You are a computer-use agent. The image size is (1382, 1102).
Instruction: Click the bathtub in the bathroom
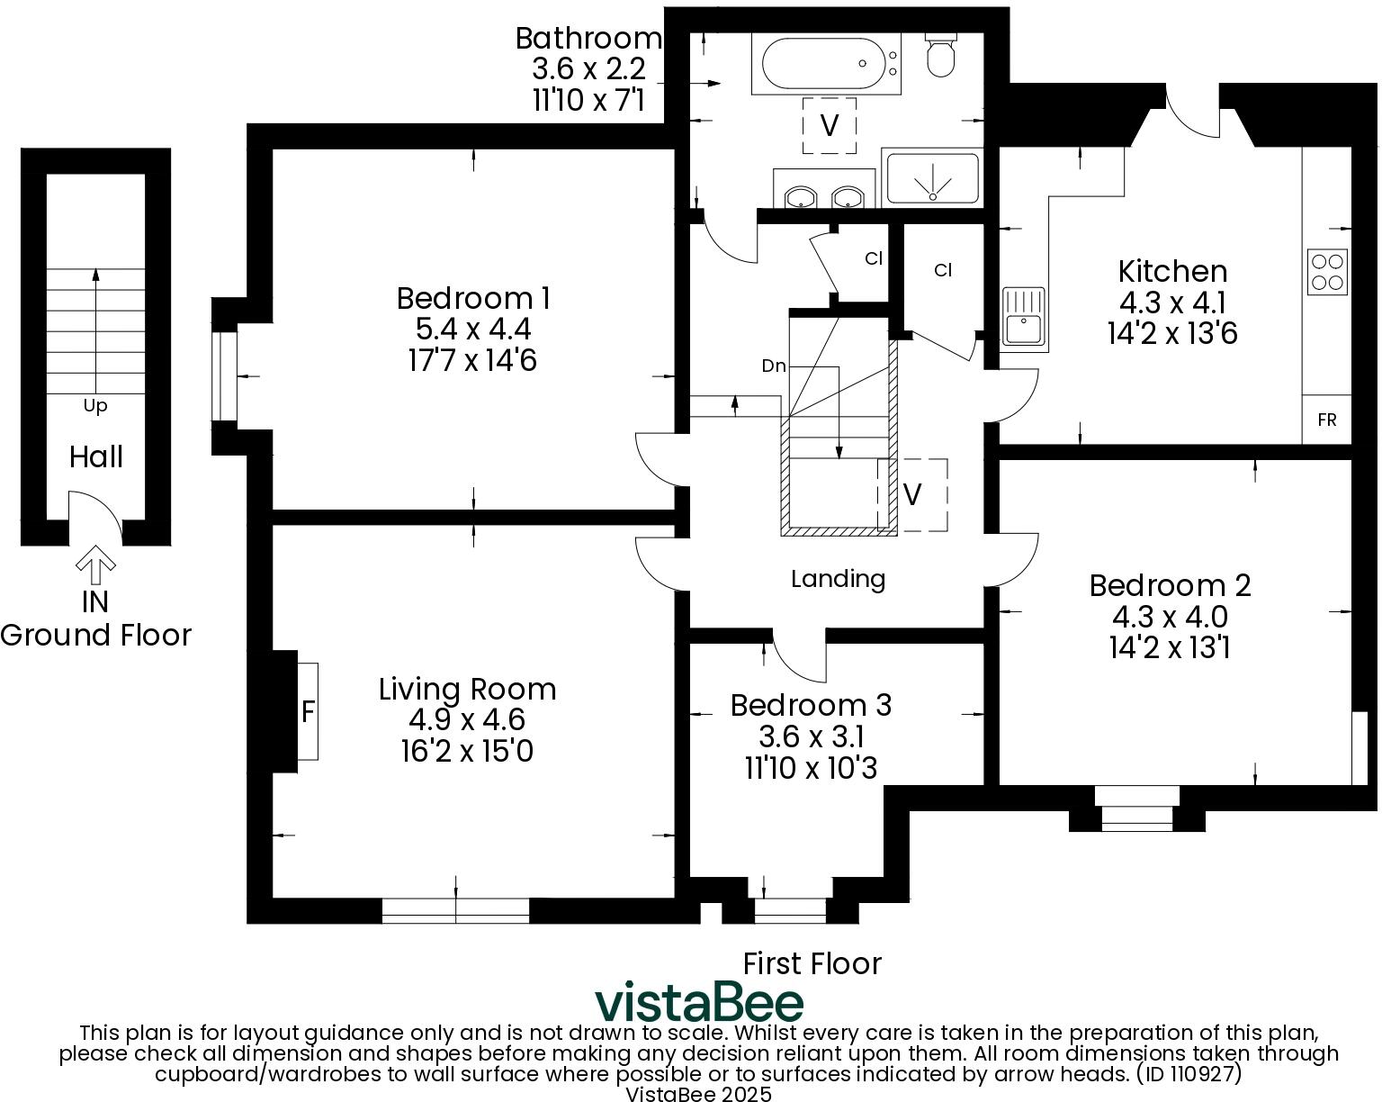click(825, 64)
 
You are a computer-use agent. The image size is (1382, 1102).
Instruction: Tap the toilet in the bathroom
click(941, 56)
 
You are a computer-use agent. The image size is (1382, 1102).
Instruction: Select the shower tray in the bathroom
click(931, 177)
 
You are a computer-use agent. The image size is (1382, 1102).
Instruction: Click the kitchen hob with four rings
click(1327, 271)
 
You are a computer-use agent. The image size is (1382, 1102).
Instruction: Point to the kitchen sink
click(1024, 317)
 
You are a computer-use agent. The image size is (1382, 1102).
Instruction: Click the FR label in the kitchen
click(1326, 420)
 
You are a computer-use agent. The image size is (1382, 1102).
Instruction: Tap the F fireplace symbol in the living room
click(308, 711)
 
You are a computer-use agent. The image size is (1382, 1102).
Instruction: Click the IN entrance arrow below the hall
click(95, 568)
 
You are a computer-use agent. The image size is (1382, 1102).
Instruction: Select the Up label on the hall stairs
click(95, 406)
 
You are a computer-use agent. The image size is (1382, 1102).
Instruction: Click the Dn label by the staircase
click(774, 366)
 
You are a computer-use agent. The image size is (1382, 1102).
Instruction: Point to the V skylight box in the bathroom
click(830, 125)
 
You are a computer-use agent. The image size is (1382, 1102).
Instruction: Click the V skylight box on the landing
click(912, 494)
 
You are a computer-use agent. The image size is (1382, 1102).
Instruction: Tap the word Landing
click(838, 579)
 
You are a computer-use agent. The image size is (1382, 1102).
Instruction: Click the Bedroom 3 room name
click(811, 705)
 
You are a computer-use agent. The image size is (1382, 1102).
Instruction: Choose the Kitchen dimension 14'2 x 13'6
click(1172, 334)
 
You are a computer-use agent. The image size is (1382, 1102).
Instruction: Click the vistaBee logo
click(699, 1002)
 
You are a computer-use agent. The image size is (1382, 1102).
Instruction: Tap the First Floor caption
click(812, 963)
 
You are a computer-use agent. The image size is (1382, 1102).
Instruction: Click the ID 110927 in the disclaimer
click(1189, 1073)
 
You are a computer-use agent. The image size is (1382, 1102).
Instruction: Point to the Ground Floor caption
click(95, 636)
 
